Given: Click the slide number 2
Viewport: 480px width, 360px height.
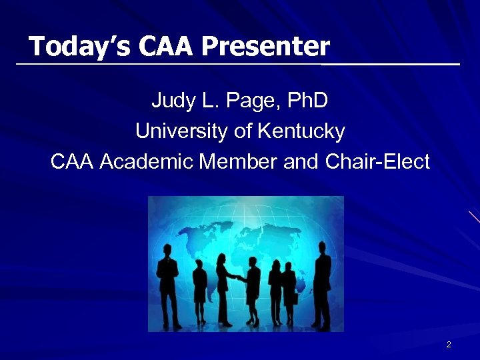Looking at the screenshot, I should pos(449,345).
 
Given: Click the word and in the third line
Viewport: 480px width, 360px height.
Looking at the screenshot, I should pos(301,162).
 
